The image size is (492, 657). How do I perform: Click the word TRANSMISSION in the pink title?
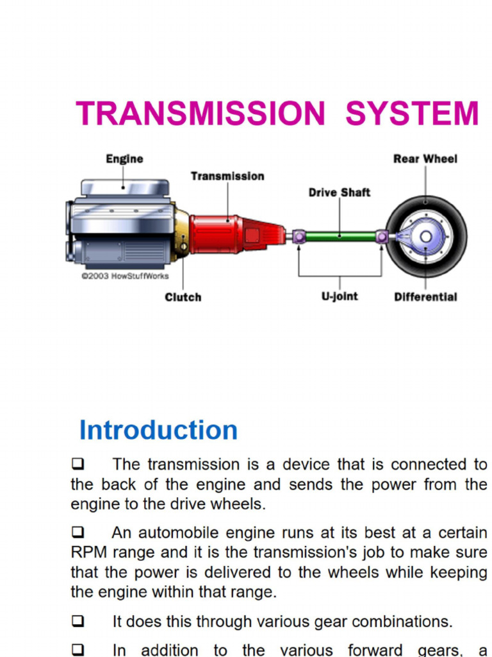click(201, 114)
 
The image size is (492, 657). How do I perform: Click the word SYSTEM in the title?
click(412, 114)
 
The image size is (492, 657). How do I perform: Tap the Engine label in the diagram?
click(124, 159)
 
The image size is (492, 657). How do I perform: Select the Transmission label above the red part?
click(227, 176)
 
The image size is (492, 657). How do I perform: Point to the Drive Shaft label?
click(339, 192)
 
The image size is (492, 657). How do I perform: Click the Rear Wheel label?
click(425, 159)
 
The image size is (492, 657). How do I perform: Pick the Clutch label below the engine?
click(183, 297)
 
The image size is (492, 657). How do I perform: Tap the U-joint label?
click(340, 297)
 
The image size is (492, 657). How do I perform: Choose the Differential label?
click(425, 297)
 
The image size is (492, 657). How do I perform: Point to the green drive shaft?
click(340, 237)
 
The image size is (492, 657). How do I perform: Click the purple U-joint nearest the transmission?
click(299, 237)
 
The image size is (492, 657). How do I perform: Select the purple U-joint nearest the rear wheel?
click(382, 237)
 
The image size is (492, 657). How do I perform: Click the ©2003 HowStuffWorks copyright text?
click(125, 276)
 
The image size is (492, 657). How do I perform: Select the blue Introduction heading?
click(158, 430)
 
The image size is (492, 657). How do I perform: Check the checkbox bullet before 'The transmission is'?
click(78, 464)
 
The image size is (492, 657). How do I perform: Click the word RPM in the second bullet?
click(86, 552)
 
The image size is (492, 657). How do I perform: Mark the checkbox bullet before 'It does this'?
click(78, 621)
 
